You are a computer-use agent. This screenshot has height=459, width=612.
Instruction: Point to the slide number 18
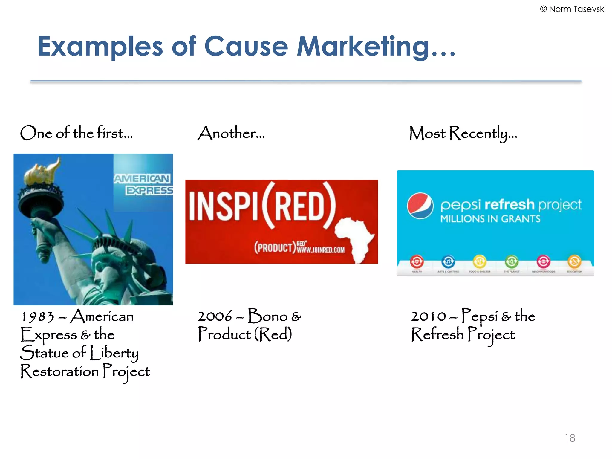570,438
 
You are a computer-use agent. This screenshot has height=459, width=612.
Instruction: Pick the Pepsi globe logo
420,206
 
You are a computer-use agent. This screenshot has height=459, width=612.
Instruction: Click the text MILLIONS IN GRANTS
490,219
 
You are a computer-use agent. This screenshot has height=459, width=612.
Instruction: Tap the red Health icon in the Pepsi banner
417,262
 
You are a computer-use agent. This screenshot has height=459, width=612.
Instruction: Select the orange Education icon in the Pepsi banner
574,262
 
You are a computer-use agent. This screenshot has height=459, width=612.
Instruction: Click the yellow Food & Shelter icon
479,262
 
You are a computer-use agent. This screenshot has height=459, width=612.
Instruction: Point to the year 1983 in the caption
38,317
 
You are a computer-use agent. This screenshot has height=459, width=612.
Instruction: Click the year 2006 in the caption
215,317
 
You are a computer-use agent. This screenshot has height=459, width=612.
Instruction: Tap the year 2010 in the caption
429,317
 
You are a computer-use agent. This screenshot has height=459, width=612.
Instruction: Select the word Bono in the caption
267,316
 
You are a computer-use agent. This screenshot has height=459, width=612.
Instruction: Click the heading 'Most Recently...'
463,133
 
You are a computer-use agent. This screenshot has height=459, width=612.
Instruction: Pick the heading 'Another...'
231,133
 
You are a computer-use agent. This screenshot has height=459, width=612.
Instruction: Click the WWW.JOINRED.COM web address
321,250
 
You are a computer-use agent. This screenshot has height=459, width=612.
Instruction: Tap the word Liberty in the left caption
114,354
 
